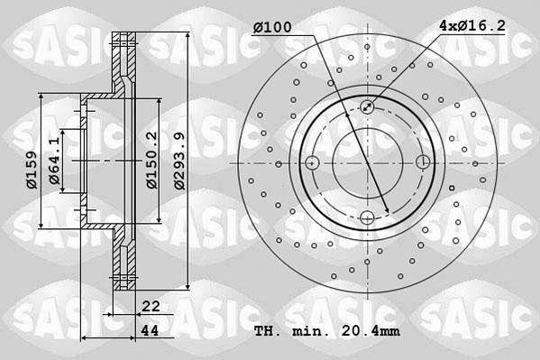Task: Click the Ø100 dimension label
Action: [271, 27]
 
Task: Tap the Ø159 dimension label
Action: [31, 170]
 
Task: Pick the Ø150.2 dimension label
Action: [152, 160]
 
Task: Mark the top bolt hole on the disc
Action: [368, 108]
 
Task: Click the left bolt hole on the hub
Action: [313, 162]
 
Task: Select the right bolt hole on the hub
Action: [423, 162]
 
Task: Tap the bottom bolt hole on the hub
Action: [368, 217]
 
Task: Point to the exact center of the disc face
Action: [368, 162]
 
